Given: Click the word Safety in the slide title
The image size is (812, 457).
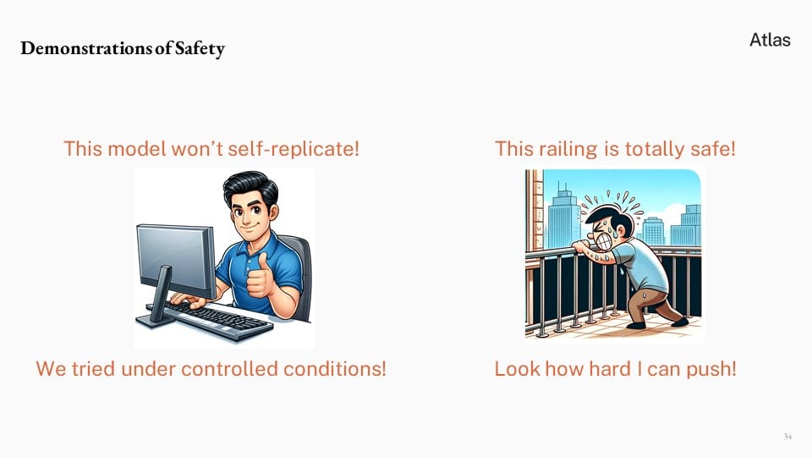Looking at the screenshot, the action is [x=200, y=49].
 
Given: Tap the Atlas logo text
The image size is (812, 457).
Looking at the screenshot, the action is [x=770, y=40].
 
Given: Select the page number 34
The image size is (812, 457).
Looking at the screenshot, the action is [x=787, y=437].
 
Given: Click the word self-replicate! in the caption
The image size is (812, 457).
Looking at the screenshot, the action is [x=294, y=149].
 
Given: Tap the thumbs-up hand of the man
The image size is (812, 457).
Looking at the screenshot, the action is [x=259, y=278].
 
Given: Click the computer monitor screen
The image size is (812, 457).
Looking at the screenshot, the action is [x=174, y=259].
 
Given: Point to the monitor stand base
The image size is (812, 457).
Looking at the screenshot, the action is [x=156, y=320].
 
